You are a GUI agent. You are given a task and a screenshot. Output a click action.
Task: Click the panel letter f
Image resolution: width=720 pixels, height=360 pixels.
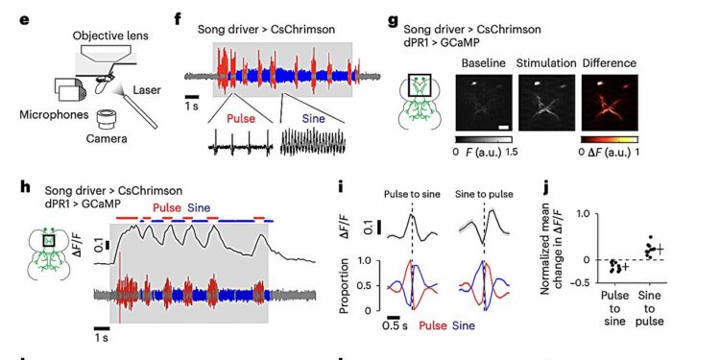179,18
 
